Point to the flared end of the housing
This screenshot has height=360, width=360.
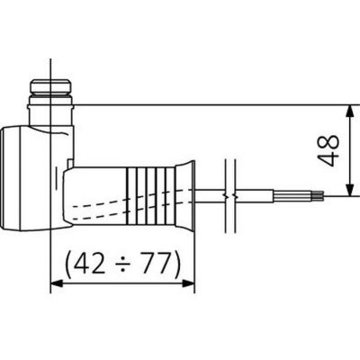[x=185, y=193]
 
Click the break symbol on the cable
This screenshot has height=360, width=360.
[x=230, y=193]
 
